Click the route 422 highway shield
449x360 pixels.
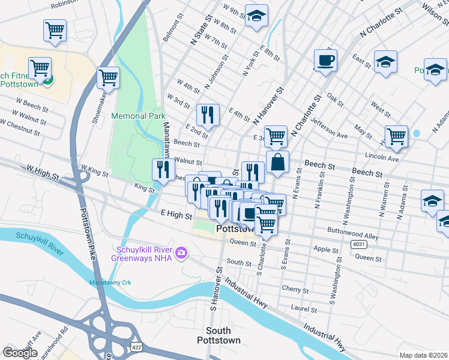pos(136,347)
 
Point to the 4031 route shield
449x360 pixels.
pos(359,244)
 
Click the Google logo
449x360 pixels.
pos(20,353)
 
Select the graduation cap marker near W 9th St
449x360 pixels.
pos(257,17)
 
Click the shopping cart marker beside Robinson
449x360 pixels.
pos(55,30)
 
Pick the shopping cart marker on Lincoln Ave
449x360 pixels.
pos(397,137)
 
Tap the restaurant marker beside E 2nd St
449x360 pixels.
pos(208,115)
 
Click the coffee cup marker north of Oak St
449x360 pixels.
pos(325,60)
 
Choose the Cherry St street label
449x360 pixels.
pos(295,289)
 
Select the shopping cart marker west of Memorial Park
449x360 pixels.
pos(108,77)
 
